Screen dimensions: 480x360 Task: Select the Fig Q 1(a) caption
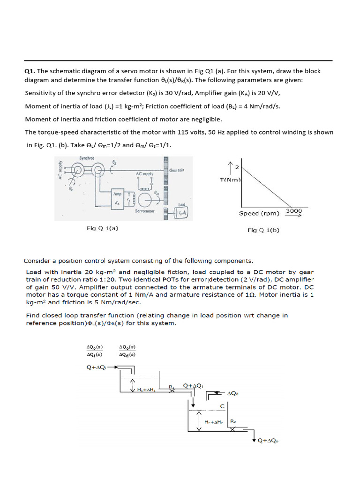click(102, 228)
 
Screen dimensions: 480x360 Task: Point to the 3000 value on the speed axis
click(294, 211)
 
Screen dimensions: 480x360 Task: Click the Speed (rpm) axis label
click(259, 214)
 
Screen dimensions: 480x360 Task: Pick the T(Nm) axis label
click(230, 180)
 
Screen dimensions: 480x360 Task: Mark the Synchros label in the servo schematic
click(87, 158)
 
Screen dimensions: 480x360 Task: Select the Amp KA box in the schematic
click(117, 198)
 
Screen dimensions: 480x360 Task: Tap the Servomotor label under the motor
click(146, 211)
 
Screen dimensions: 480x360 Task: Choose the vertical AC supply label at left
click(60, 171)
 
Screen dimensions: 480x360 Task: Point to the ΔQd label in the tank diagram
click(233, 394)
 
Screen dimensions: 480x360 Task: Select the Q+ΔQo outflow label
click(269, 441)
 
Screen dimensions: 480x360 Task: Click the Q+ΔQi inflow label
click(97, 367)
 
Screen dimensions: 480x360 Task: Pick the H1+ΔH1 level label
click(146, 390)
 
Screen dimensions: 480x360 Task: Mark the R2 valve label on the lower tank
click(233, 421)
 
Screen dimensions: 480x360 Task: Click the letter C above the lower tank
click(222, 405)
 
